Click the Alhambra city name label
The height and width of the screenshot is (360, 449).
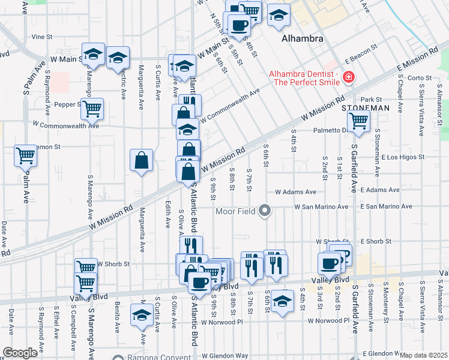303,38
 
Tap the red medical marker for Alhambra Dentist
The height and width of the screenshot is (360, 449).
348,77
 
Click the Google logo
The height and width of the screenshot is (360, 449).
20,352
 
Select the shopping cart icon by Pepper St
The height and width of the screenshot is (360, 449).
92,109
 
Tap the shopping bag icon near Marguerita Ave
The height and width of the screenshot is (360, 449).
141,160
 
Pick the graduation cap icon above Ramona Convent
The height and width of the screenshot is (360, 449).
142,315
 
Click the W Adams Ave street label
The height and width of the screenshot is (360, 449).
295,192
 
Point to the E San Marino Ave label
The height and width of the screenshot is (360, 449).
387,206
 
